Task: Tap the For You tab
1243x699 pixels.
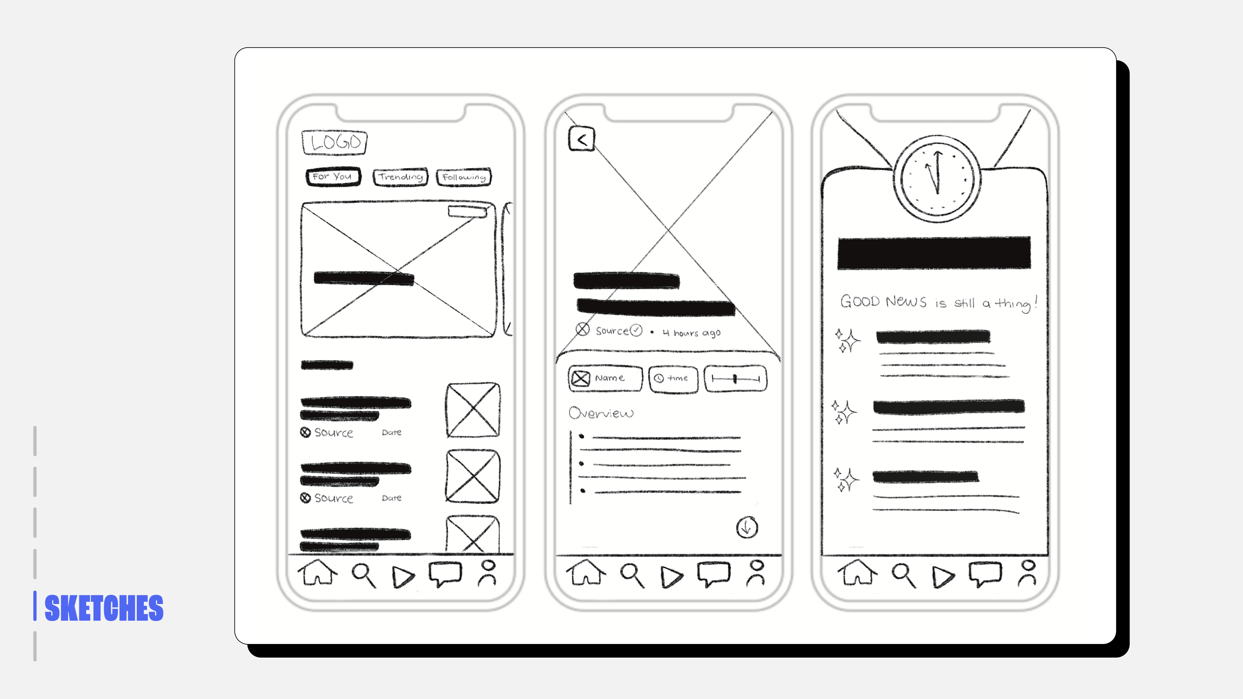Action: [x=333, y=176]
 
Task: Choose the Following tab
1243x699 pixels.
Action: [x=464, y=177]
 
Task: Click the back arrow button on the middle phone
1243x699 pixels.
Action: [x=581, y=139]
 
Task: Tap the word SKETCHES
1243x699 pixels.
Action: [x=104, y=608]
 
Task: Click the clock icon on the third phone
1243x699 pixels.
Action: [x=937, y=179]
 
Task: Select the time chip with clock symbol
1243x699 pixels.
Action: [x=673, y=379]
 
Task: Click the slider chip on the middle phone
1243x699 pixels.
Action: [x=735, y=379]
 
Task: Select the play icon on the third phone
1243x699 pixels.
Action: [x=943, y=577]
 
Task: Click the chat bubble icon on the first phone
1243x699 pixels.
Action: [x=445, y=574]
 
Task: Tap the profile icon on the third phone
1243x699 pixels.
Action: [x=1028, y=573]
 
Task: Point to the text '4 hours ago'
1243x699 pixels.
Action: [x=691, y=333]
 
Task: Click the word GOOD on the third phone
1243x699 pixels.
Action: [x=860, y=301]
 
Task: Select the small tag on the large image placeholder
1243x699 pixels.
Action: [x=467, y=211]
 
